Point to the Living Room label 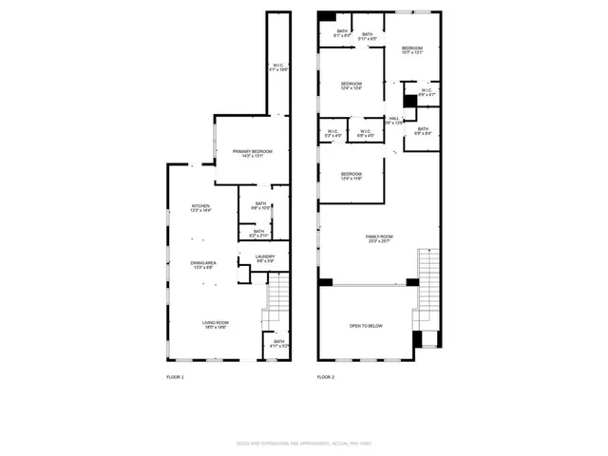tap(216, 325)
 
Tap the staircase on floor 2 tap(429, 285)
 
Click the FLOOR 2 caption tap(326, 378)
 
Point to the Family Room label tap(379, 238)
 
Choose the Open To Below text tap(366, 326)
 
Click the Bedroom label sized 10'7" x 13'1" tap(411, 50)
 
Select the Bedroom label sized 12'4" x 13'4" tap(351, 86)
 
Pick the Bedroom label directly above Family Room tap(351, 176)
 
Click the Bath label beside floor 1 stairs tap(278, 344)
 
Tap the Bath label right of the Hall tap(423, 130)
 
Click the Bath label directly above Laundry tap(258, 233)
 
